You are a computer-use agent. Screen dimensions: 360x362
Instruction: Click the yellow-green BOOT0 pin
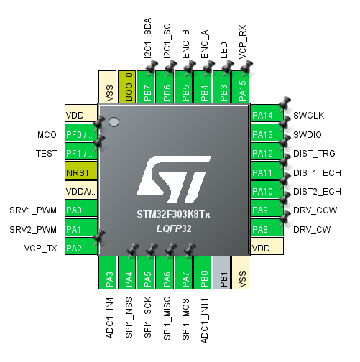[x=126, y=87]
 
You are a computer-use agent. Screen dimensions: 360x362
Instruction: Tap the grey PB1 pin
[x=221, y=273]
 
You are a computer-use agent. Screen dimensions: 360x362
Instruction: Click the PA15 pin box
[x=241, y=87]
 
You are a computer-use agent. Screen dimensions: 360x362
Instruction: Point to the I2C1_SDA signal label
[x=148, y=38]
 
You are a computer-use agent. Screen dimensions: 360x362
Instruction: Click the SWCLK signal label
[x=309, y=116]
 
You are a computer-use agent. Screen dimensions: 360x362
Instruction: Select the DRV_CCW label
[x=315, y=210]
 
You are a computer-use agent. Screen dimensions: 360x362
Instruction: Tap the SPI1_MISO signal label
[x=167, y=318]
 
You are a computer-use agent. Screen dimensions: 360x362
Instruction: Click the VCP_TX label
[x=40, y=249]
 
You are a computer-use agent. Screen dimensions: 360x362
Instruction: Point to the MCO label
[x=47, y=134]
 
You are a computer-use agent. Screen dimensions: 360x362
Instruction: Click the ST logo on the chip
[x=174, y=180]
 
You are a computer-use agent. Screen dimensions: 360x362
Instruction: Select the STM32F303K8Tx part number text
[x=173, y=214]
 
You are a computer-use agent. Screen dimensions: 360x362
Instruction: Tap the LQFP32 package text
[x=174, y=228]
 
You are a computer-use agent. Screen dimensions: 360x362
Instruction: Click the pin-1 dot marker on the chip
[x=114, y=122]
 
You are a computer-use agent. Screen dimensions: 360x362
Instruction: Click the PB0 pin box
[x=203, y=273]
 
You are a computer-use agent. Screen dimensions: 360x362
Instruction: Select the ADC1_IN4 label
[x=109, y=317]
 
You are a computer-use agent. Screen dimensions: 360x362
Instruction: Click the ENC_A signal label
[x=205, y=45]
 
